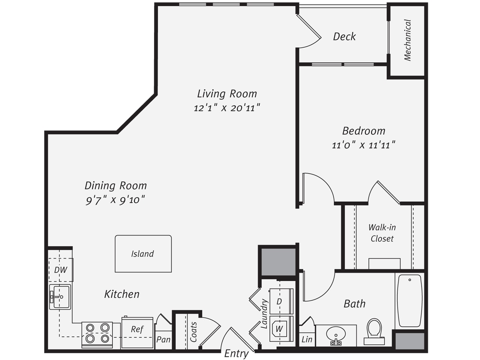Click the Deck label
click(344, 36)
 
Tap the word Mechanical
click(408, 40)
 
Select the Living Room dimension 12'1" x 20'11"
click(227, 108)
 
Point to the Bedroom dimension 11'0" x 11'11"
click(364, 145)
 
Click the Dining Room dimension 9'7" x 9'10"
click(115, 200)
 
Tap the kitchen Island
click(143, 253)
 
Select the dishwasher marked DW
click(61, 270)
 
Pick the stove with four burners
click(97, 334)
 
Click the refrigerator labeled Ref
click(137, 333)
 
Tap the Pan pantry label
click(163, 339)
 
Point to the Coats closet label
click(193, 332)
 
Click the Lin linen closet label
click(307, 339)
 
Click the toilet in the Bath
click(374, 331)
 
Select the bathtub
click(410, 300)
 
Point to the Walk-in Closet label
click(382, 233)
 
